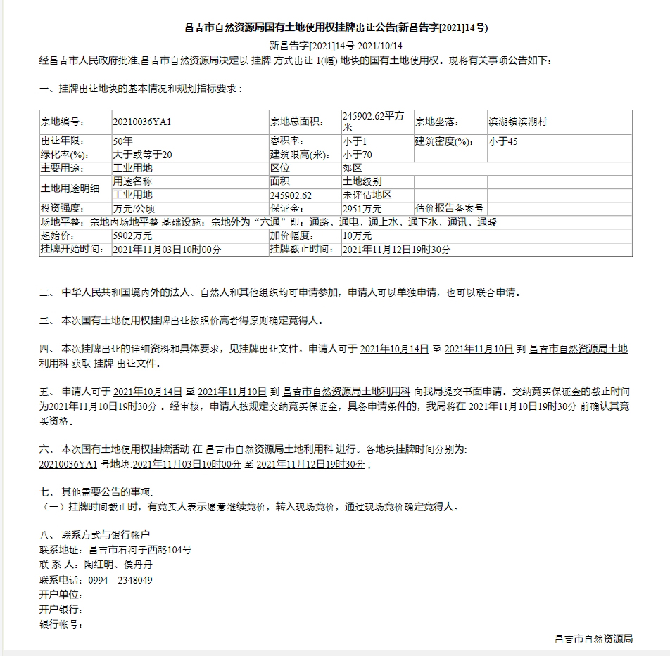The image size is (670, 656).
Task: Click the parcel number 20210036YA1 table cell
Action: (142, 122)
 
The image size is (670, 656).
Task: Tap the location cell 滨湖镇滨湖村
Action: (517, 122)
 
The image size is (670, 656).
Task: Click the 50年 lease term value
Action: (122, 141)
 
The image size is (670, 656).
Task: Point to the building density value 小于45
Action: (503, 141)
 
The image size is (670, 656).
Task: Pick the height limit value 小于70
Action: (357, 155)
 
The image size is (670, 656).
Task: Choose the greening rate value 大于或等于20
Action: (142, 155)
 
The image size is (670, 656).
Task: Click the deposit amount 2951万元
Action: (362, 209)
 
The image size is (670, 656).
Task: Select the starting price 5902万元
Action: (132, 236)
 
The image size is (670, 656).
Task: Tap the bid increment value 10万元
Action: (357, 236)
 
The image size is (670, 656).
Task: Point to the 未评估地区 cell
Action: (367, 195)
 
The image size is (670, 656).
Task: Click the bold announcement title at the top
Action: (336, 28)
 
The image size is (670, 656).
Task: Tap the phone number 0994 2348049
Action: (121, 580)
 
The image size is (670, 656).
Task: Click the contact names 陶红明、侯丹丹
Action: (118, 565)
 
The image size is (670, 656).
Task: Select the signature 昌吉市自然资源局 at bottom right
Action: (594, 639)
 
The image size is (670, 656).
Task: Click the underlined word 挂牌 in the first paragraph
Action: (260, 61)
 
